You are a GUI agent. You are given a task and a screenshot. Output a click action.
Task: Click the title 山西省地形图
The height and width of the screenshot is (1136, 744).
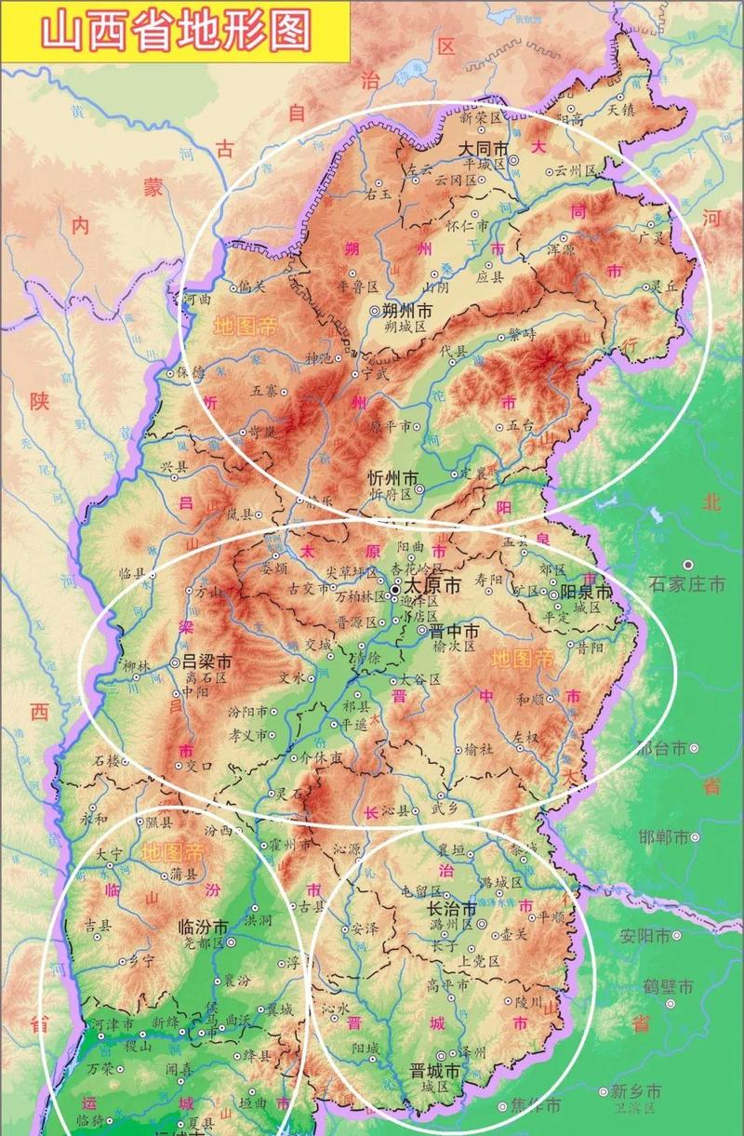tap(175, 31)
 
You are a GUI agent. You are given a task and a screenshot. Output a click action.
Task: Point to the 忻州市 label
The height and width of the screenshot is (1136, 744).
tap(392, 477)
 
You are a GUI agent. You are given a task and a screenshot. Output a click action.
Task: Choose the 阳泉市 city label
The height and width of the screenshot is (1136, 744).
tap(585, 592)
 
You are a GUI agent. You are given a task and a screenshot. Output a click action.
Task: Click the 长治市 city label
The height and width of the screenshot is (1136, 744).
tap(451, 908)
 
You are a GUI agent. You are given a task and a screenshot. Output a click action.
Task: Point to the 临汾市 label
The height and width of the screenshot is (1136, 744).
tap(203, 927)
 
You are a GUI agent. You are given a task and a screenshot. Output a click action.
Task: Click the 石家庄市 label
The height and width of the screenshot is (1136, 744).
tap(687, 585)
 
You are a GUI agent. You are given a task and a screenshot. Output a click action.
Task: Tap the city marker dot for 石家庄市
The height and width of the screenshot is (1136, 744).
tap(688, 565)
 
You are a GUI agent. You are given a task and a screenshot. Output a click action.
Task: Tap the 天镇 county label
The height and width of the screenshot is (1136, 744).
tap(620, 109)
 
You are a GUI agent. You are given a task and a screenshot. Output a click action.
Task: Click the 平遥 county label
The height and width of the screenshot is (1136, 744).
tap(353, 724)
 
